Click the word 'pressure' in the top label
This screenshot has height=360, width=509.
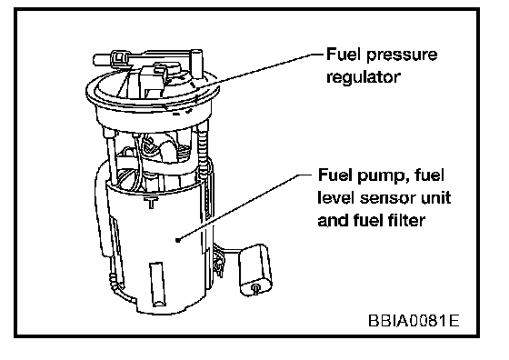point(402,55)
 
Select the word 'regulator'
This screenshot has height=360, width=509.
point(364,77)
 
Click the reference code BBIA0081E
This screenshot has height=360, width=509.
point(414,321)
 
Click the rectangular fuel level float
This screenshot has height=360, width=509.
point(255,269)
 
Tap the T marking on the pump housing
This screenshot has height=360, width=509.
point(151,202)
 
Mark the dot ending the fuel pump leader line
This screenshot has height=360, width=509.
point(177,240)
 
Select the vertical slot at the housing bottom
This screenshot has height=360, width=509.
point(157,284)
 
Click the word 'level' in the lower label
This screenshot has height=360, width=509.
point(336,197)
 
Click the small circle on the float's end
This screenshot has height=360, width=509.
point(255,287)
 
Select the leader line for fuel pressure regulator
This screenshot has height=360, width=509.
point(260,71)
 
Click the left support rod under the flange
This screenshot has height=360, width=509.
point(111,156)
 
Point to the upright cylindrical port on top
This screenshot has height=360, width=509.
point(196,64)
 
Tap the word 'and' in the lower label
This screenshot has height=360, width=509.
point(328,220)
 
